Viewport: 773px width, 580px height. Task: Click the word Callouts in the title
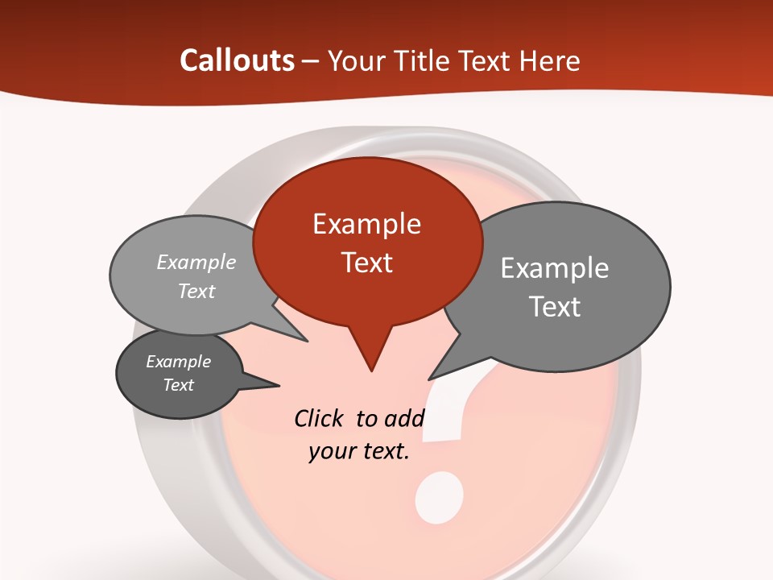[x=237, y=60]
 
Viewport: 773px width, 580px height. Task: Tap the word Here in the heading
[x=550, y=61]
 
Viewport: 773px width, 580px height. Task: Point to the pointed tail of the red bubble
[x=370, y=354]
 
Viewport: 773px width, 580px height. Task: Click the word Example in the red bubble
[x=366, y=224]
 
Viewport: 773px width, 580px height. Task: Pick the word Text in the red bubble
[x=367, y=263]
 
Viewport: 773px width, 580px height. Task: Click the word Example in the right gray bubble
[x=555, y=268]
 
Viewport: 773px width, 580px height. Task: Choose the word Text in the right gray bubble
[x=555, y=307]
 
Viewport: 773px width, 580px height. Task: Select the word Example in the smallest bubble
[x=178, y=362]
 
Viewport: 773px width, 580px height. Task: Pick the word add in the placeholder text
[x=403, y=418]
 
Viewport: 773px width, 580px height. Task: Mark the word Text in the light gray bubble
[x=196, y=291]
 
